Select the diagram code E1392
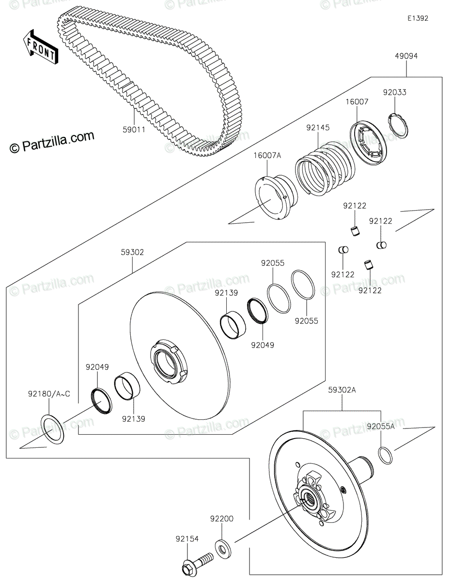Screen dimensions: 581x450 pos(417,18)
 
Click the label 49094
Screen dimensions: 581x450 pos(406,56)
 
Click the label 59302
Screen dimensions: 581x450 pos(132,252)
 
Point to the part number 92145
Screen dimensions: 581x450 pos(318,128)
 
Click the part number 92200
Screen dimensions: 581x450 pos(222,519)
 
